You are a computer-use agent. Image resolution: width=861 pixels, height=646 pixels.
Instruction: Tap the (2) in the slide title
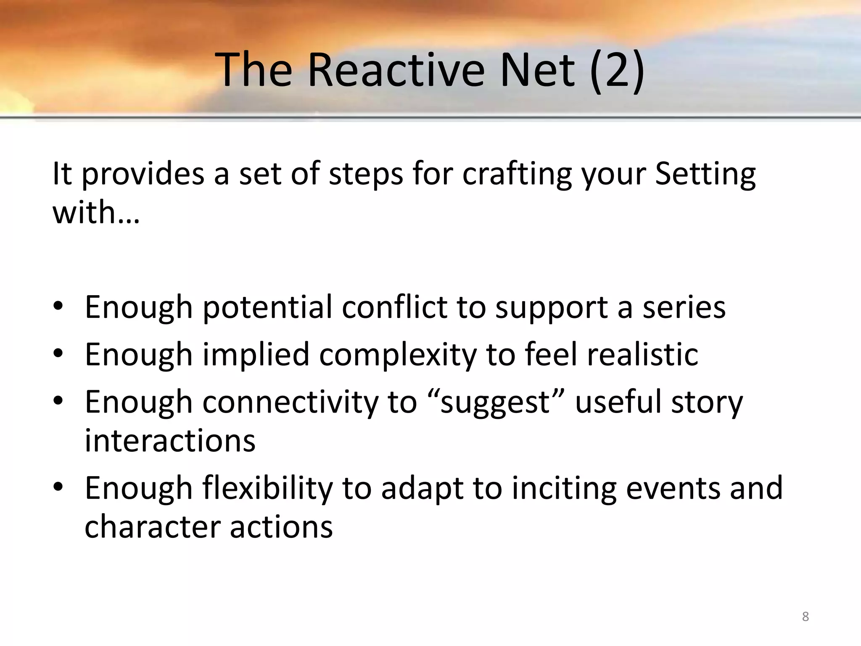617,69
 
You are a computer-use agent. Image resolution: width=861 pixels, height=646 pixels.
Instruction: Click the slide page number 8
805,617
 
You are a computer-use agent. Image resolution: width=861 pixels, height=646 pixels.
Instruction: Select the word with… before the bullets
95,212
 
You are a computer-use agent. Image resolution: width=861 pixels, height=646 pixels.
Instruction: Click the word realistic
642,355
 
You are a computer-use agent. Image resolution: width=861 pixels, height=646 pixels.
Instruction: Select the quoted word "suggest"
495,403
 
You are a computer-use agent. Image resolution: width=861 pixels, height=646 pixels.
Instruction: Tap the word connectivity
291,403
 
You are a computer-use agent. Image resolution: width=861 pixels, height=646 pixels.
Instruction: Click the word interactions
170,441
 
